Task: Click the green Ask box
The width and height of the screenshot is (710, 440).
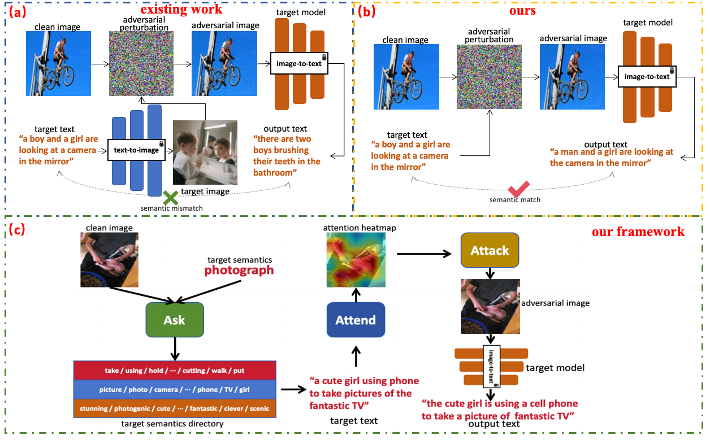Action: (x=175, y=320)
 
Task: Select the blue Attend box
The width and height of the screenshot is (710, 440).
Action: (x=356, y=320)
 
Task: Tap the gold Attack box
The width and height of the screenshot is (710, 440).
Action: (x=490, y=250)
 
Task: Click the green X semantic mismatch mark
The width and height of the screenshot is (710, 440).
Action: (x=171, y=198)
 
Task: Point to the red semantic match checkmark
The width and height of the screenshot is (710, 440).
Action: (x=514, y=190)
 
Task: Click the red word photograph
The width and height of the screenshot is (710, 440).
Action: (x=239, y=271)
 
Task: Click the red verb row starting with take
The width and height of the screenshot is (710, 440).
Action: (x=175, y=371)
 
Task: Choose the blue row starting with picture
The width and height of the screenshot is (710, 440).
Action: (x=175, y=390)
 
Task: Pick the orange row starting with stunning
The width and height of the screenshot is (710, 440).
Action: (x=175, y=408)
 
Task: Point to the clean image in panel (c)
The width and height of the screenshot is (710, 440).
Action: (x=109, y=255)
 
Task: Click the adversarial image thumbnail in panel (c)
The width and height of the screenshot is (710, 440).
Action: (x=489, y=306)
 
